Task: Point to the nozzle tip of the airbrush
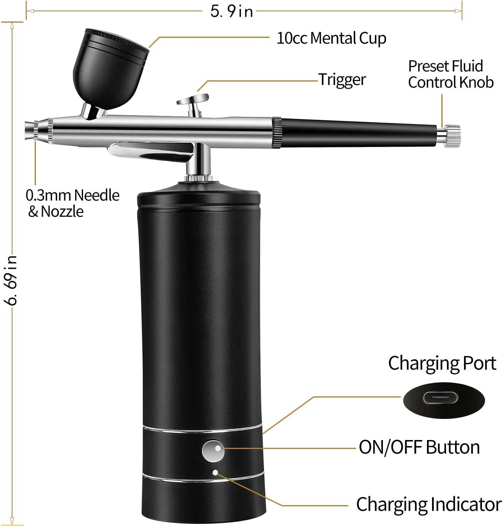point(28,130)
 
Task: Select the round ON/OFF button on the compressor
point(213,451)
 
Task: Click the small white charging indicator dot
point(215,472)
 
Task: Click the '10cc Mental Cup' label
point(331,38)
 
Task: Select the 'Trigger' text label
point(342,80)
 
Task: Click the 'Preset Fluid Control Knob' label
point(450,74)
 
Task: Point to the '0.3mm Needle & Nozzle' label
point(73,203)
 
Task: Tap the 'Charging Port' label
point(442,363)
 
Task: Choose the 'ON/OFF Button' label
point(419,447)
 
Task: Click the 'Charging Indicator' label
point(429,504)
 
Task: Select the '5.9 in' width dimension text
point(232,11)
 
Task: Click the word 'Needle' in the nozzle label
point(97,195)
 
